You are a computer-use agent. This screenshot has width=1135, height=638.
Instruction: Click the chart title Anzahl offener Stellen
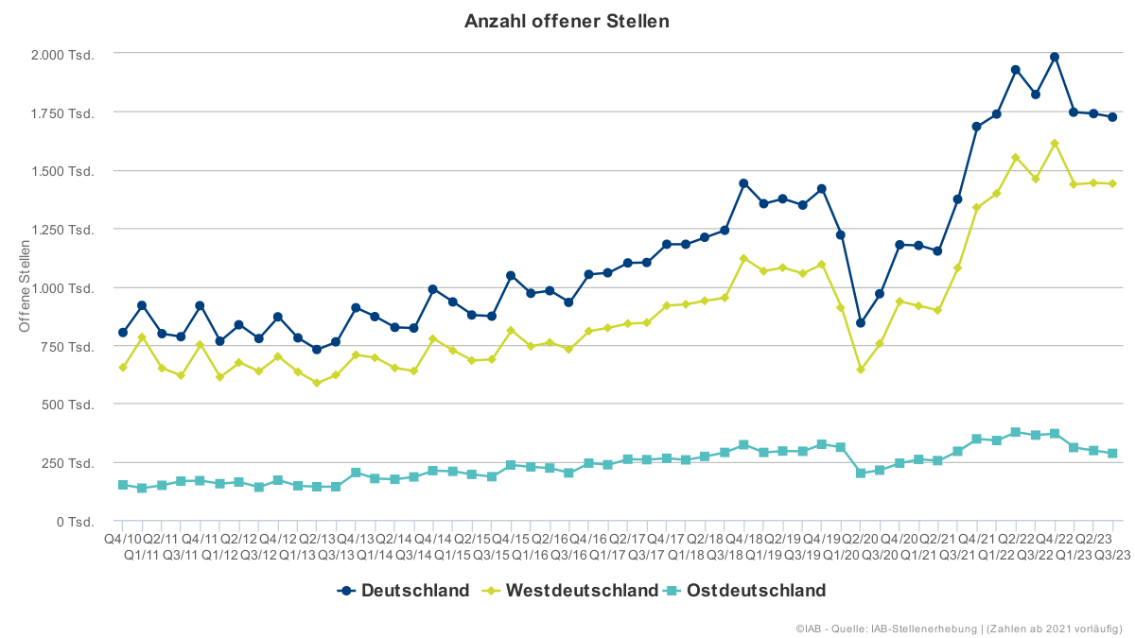(x=567, y=21)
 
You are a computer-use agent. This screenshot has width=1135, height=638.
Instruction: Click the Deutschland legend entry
(x=404, y=591)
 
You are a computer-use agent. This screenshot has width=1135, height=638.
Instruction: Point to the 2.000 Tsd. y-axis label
(x=63, y=54)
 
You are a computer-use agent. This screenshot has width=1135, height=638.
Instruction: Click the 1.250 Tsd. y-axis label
(x=63, y=230)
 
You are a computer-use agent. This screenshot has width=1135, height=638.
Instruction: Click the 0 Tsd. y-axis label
(x=74, y=522)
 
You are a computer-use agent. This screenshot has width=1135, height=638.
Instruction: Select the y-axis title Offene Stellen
(x=26, y=285)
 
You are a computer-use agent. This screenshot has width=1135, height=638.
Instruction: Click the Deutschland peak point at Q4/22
(x=1055, y=58)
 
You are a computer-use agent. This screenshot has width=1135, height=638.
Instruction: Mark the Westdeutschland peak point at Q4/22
(x=1055, y=144)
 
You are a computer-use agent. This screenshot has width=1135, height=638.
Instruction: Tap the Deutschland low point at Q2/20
(x=861, y=323)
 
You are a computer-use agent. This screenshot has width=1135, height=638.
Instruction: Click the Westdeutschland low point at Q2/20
(x=861, y=370)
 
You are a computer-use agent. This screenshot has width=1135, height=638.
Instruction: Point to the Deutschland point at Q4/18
(x=743, y=183)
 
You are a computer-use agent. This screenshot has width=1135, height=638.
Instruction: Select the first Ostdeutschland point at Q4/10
(x=123, y=485)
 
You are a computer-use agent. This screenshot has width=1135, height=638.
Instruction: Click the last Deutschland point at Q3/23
(x=1112, y=117)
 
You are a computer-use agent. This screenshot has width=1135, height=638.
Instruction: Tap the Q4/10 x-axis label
(x=122, y=538)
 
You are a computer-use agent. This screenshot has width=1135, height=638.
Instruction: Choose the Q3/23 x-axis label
(x=1112, y=554)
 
